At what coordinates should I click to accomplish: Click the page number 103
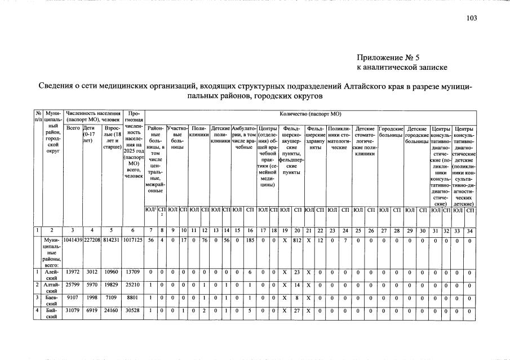tap(472, 18)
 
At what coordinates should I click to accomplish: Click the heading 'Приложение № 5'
tap(388, 57)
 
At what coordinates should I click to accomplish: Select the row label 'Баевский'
tap(52, 301)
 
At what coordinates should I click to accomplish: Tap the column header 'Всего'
tap(73, 128)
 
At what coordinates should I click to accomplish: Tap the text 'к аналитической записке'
tap(402, 68)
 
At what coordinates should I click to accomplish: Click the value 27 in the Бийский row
tap(296, 312)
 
